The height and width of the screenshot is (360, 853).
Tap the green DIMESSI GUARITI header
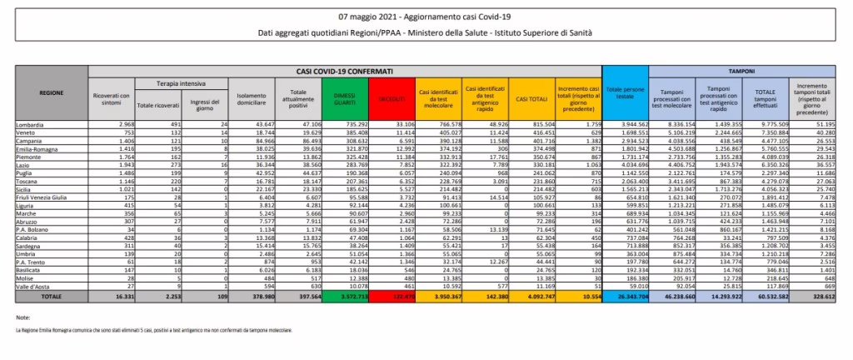click(344, 98)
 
